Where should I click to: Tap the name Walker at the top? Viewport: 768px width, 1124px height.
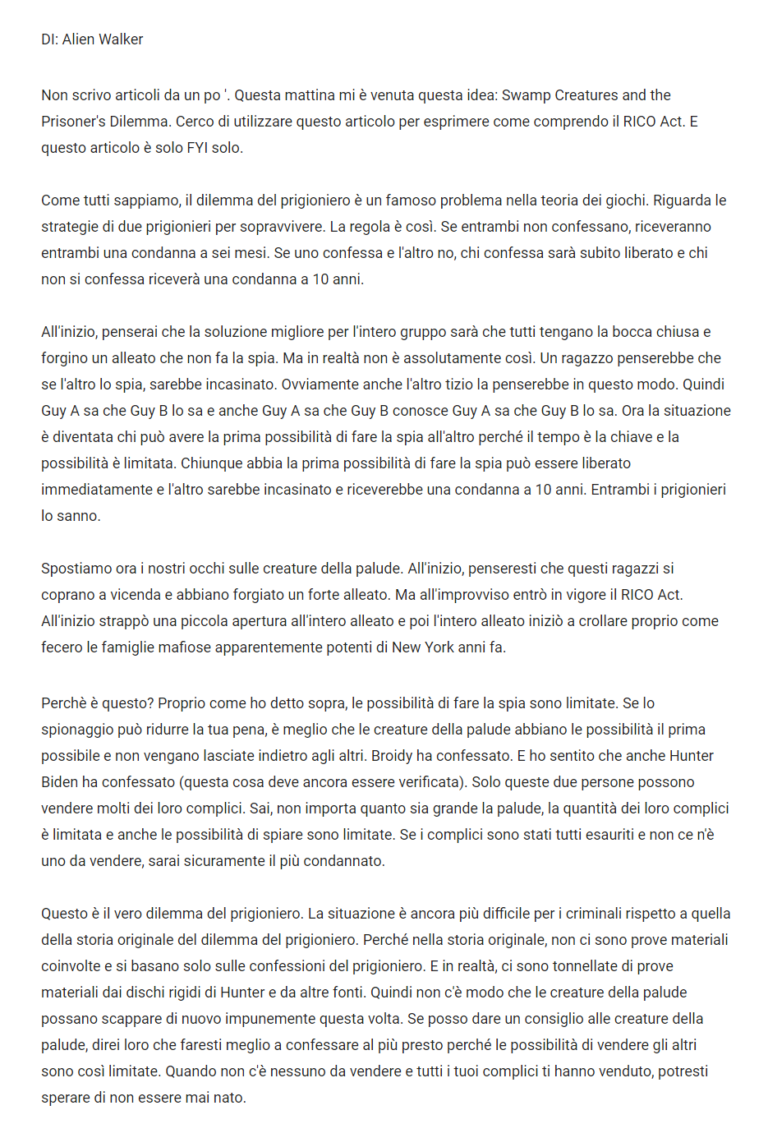tap(121, 39)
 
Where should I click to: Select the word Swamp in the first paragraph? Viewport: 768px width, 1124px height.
tap(527, 95)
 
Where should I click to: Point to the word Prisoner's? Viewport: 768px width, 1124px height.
tap(75, 122)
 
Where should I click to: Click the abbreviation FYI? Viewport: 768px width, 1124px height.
tap(197, 148)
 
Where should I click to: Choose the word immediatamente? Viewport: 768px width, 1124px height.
tap(97, 490)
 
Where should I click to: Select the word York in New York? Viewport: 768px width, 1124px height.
tap(439, 647)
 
